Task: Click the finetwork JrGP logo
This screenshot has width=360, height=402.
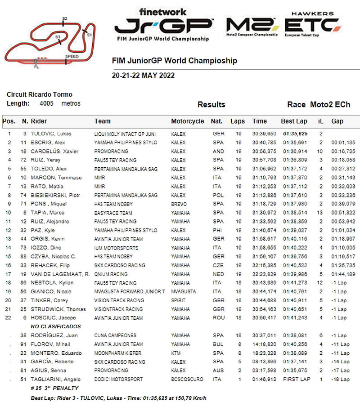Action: [163, 25]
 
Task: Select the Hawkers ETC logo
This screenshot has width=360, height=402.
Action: [312, 24]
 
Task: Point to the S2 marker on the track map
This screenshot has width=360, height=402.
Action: [65, 19]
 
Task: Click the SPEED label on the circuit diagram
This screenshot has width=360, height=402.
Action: [72, 57]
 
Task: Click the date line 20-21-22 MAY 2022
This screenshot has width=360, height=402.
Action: [143, 75]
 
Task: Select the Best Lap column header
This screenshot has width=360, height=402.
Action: [294, 121]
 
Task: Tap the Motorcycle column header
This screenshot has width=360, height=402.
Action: [187, 121]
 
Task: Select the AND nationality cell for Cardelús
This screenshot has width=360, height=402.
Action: [218, 152]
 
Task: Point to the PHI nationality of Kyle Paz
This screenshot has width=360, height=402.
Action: [218, 230]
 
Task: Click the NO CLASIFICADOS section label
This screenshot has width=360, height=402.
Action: [55, 326]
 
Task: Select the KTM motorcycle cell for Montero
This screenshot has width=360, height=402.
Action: [176, 353]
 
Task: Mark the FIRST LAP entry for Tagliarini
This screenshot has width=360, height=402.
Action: [294, 380]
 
